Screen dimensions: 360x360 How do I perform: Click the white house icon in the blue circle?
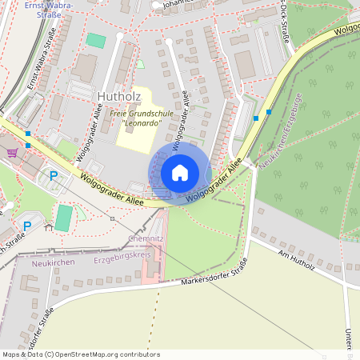(x=180, y=172)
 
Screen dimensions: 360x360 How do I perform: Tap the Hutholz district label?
(x=118, y=97)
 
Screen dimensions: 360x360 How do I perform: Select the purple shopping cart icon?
(x=12, y=152)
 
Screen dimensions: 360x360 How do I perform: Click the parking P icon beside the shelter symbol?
(x=26, y=226)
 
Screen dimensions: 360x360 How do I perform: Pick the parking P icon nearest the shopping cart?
(x=54, y=176)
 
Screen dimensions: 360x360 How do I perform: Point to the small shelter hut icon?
(x=48, y=227)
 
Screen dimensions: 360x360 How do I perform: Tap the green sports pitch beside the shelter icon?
(x=63, y=218)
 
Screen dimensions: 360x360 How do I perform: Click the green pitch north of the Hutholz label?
(x=96, y=40)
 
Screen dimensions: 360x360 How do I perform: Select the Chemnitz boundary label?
(x=146, y=239)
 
